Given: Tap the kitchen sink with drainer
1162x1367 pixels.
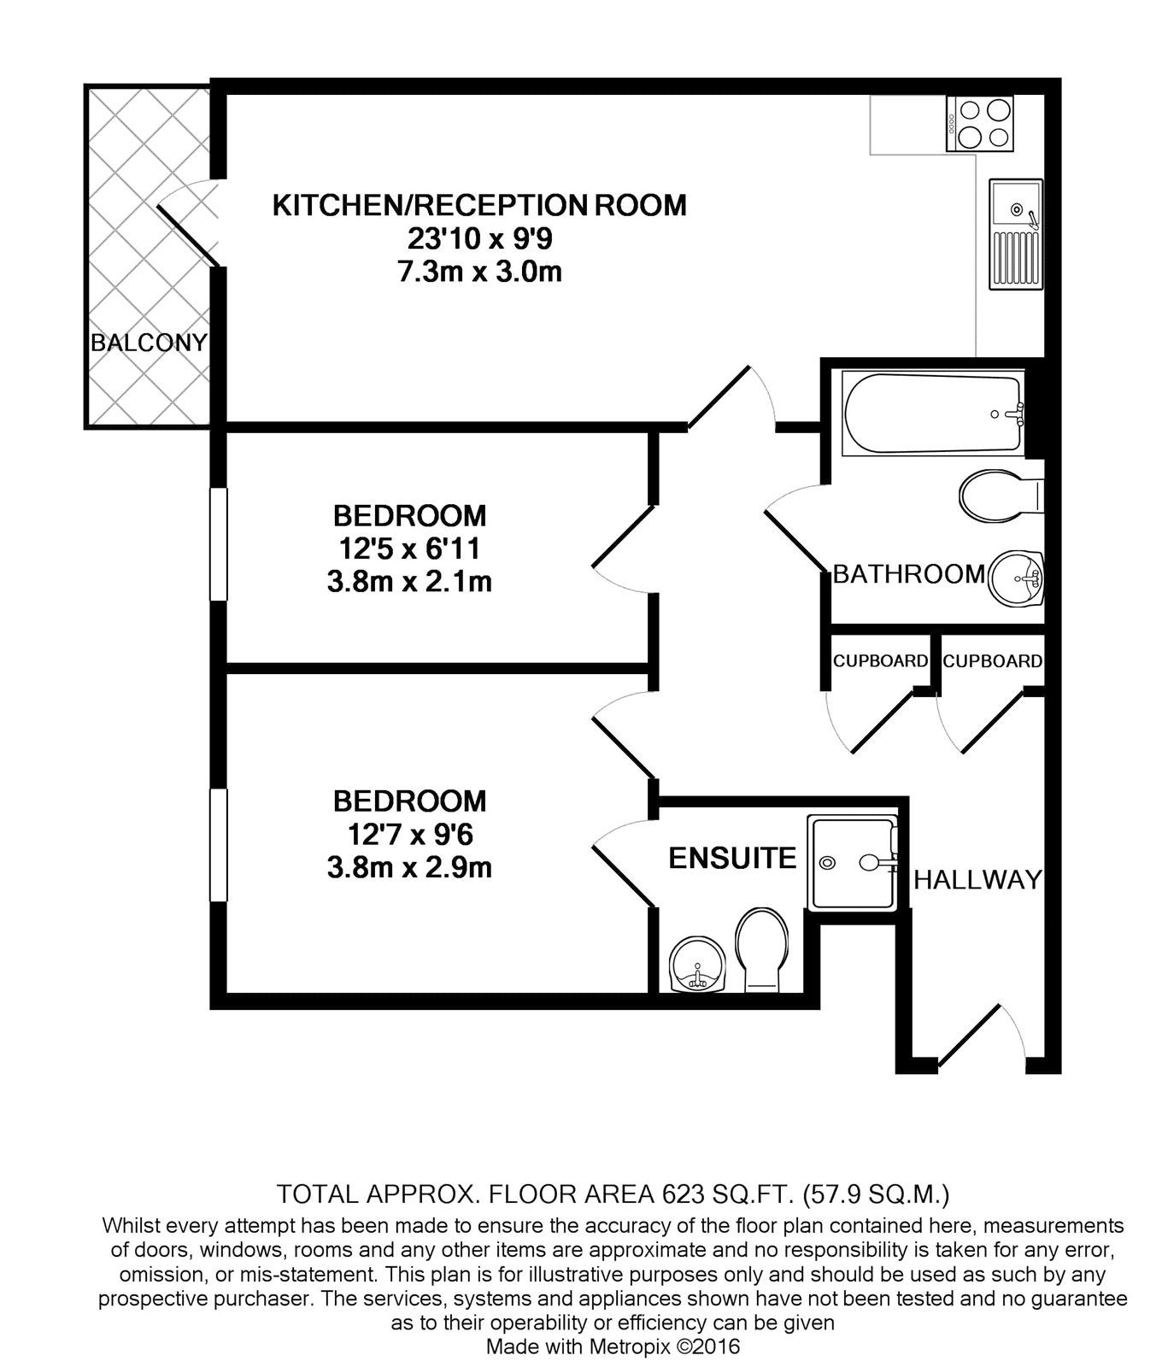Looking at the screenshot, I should (x=1015, y=234).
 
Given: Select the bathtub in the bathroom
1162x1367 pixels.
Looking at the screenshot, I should (x=933, y=413).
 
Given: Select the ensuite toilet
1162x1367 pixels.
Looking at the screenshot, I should (x=762, y=948).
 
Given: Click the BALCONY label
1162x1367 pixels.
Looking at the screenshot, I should (x=149, y=343).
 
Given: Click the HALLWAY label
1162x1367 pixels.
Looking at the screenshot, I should (x=978, y=879).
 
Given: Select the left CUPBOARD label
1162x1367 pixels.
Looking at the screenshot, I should (x=880, y=661).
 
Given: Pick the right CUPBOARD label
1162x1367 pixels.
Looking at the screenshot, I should (x=992, y=661).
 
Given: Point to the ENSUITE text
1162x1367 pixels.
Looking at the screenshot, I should (x=732, y=858).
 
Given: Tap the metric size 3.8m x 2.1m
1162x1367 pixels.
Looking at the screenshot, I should (x=409, y=583).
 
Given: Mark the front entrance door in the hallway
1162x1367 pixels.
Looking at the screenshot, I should (x=970, y=1036).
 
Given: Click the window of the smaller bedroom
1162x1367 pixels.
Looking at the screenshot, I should (x=220, y=544).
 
